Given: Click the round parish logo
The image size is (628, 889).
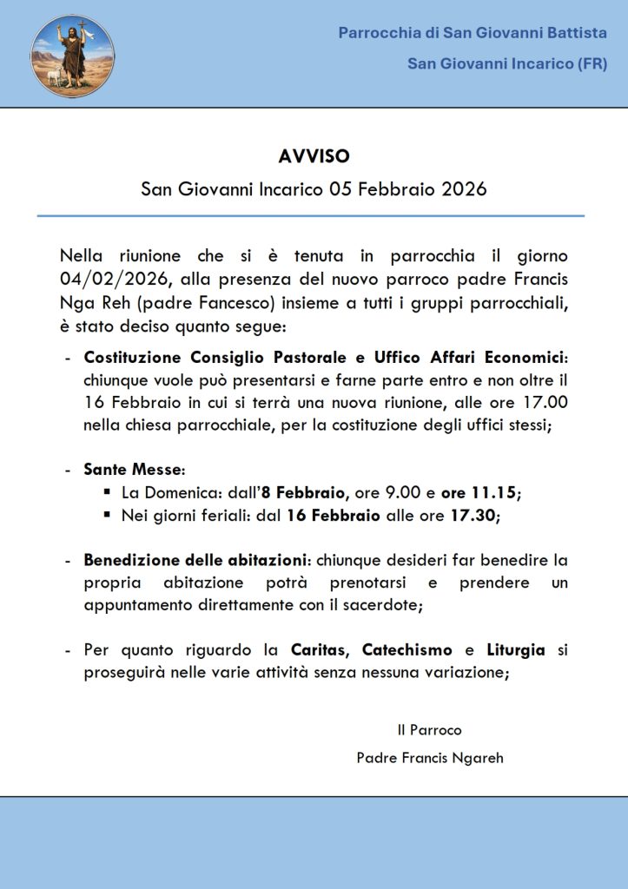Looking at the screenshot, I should pyautogui.click(x=72, y=56).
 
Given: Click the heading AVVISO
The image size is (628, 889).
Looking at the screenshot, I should pyautogui.click(x=314, y=156).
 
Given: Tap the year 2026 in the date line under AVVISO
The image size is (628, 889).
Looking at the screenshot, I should pyautogui.click(x=462, y=188).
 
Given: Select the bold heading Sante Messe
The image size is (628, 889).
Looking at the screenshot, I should pyautogui.click(x=133, y=470).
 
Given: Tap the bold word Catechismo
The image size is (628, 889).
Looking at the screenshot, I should pyautogui.click(x=408, y=649).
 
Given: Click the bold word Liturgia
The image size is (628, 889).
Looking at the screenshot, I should pyautogui.click(x=515, y=649).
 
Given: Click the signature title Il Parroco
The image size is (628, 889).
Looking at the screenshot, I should pyautogui.click(x=429, y=730).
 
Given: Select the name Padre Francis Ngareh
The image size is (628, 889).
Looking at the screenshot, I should pyautogui.click(x=429, y=758).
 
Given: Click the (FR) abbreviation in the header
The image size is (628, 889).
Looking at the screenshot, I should pyautogui.click(x=586, y=63).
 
